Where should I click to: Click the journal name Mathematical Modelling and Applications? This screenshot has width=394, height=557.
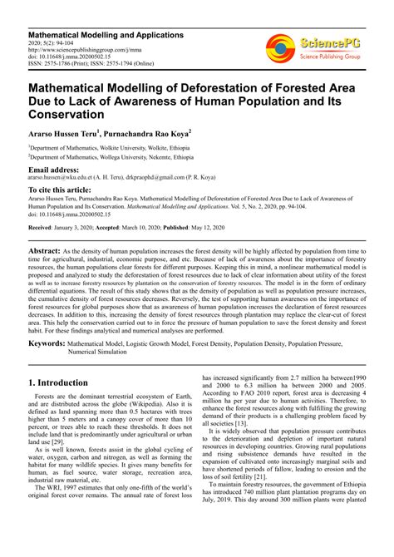coord(101,35)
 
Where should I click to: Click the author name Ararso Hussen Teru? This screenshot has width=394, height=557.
coord(64,132)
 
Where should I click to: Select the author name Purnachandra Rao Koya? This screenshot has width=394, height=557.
coord(149,132)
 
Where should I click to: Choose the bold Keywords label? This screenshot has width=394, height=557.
coord(47,343)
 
